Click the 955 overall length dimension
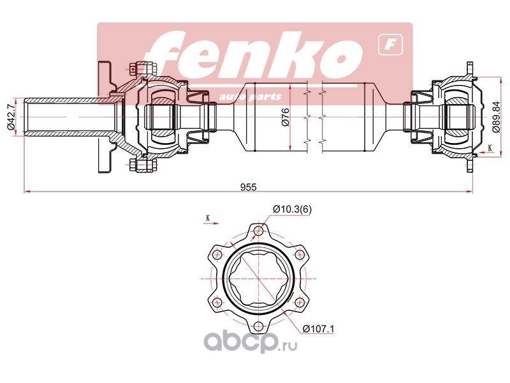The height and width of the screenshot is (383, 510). (248, 187)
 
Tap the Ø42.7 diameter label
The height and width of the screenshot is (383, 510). (10, 117)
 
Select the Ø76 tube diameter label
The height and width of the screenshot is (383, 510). (285, 117)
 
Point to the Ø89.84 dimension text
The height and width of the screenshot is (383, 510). (496, 117)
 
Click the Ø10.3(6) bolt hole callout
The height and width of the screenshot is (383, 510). (292, 209)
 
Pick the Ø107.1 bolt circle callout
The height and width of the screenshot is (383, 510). (318, 329)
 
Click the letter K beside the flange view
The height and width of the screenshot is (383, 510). (208, 218)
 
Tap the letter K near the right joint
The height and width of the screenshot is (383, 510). (490, 147)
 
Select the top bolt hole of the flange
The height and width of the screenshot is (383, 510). (259, 231)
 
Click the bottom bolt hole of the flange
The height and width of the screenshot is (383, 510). (259, 326)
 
